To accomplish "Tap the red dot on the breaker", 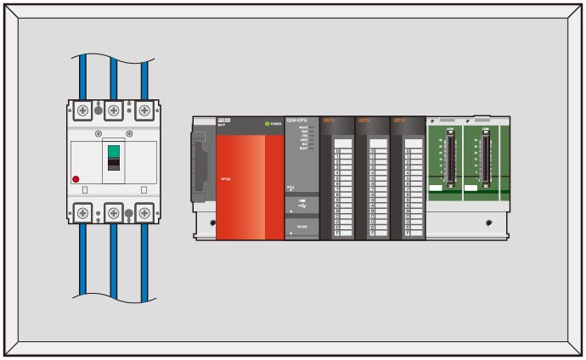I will tap(76, 180).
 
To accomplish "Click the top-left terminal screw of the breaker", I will tap(82, 110).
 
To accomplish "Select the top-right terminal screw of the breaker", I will tap(144, 110).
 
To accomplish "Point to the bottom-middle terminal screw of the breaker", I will tap(113, 211).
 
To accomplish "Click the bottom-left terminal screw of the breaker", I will tap(82, 211).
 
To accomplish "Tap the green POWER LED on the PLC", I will tap(267, 124).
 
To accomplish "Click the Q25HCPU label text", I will tap(301, 120).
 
